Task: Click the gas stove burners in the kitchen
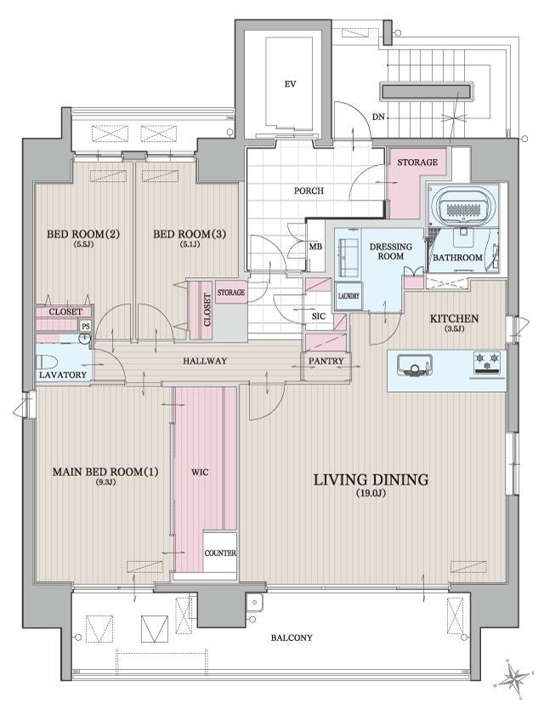coord(487,363)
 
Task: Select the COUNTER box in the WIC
coord(220,553)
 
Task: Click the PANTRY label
coord(326,360)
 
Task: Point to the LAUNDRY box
coord(348,296)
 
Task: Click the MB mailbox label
coord(316,247)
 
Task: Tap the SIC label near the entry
coord(319,315)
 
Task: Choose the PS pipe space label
coord(85,326)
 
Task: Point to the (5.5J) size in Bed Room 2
coord(82,245)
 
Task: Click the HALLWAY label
coord(205,360)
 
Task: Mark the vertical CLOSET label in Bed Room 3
coord(207,310)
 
